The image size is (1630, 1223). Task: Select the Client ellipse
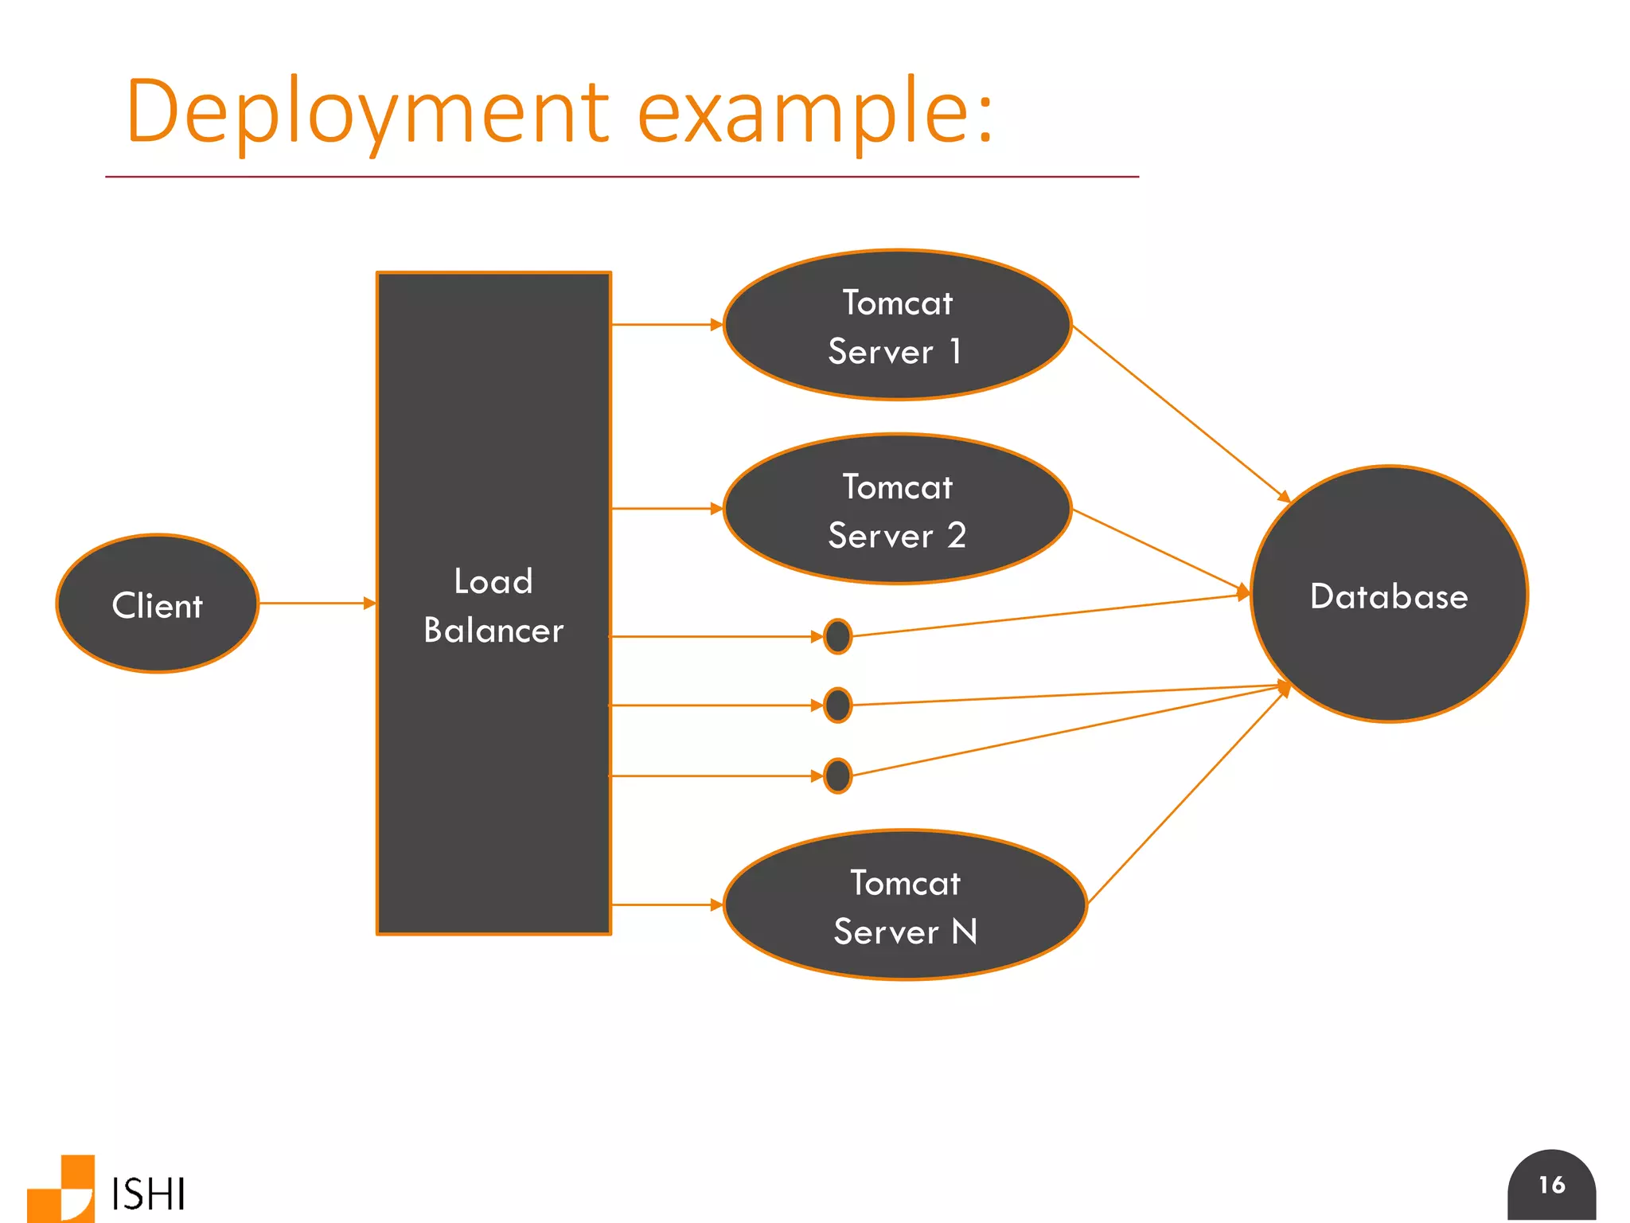(x=158, y=604)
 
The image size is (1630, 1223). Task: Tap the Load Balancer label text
(x=493, y=605)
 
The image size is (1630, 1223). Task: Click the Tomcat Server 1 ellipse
(x=897, y=326)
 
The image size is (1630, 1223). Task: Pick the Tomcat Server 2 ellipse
(x=897, y=510)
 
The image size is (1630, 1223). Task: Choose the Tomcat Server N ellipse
(x=905, y=906)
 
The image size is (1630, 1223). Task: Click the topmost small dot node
(x=837, y=636)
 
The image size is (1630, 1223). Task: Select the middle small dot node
(x=837, y=705)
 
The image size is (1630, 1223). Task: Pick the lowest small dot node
(x=837, y=776)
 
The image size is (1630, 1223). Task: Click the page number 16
(x=1551, y=1186)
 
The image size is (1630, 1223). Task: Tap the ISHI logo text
(x=148, y=1194)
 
